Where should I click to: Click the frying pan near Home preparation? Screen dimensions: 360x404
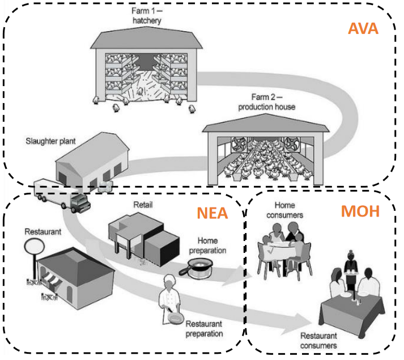point(196,266)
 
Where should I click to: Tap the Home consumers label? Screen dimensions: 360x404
point(288,210)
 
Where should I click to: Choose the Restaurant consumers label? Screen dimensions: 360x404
point(318,340)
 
